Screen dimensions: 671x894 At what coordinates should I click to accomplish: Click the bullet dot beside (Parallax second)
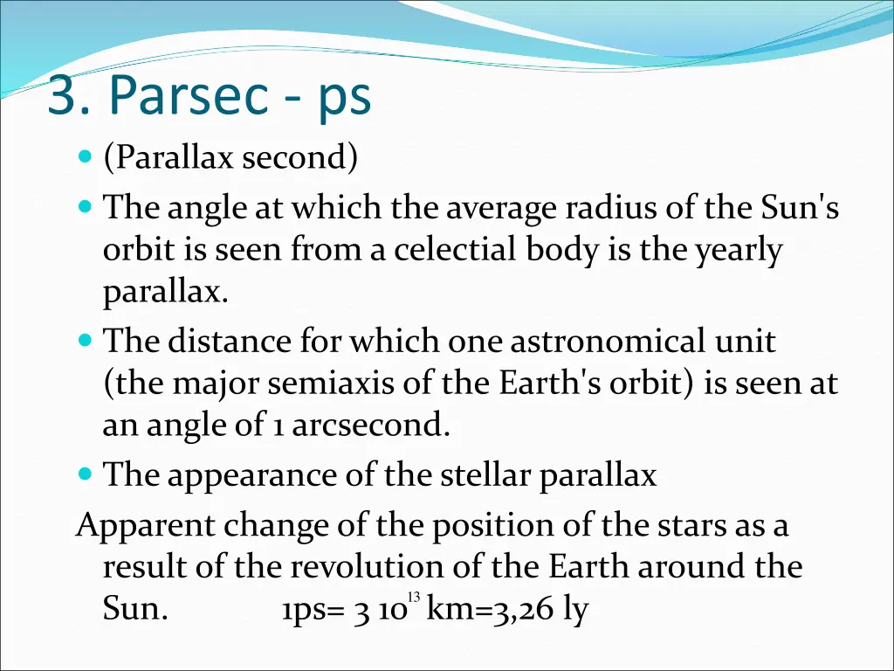(85, 158)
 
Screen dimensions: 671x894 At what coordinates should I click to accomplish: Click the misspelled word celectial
(457, 251)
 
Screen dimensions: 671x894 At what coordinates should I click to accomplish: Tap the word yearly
(739, 251)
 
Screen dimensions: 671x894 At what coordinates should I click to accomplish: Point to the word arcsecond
(370, 425)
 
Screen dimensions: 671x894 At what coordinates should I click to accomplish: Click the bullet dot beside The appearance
(85, 475)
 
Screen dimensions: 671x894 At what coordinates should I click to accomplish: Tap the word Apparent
(146, 527)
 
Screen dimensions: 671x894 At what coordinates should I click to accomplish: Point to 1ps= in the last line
(312, 611)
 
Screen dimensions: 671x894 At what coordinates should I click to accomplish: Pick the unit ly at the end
(574, 611)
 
